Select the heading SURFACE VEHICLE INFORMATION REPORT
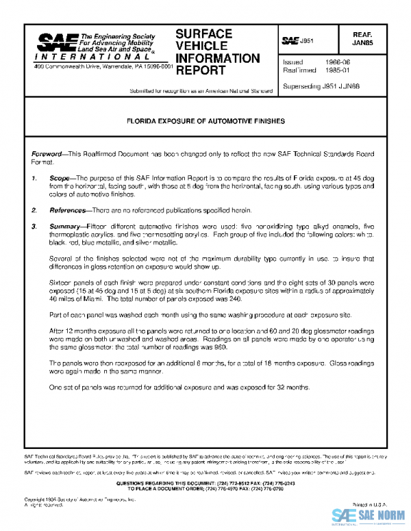click(x=217, y=51)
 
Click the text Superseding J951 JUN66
click(x=321, y=86)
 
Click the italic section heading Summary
click(x=66, y=225)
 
